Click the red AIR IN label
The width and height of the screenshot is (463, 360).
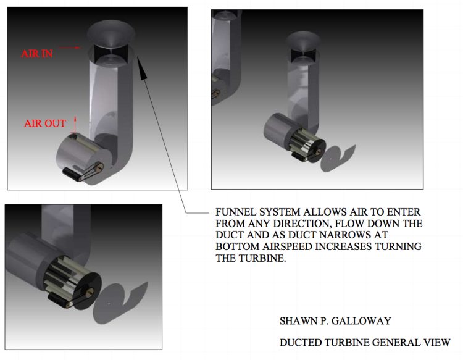coord(37,54)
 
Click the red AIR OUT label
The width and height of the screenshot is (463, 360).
coord(45,123)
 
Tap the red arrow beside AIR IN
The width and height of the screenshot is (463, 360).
coord(70,48)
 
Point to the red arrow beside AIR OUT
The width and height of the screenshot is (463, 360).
coord(75,124)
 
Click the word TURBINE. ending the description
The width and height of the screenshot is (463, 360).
coord(262,258)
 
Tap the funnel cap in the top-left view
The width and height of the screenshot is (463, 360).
coord(111,33)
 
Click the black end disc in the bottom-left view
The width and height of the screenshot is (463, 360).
coord(88,291)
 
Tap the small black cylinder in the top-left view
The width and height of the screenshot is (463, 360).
coord(72,174)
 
